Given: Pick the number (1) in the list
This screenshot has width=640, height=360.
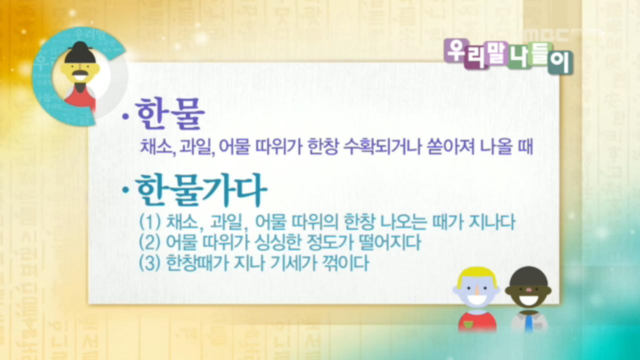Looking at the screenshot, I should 149,221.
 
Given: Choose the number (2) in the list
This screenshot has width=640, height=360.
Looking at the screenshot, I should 149,243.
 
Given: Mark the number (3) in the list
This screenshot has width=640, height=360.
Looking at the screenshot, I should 149,263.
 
